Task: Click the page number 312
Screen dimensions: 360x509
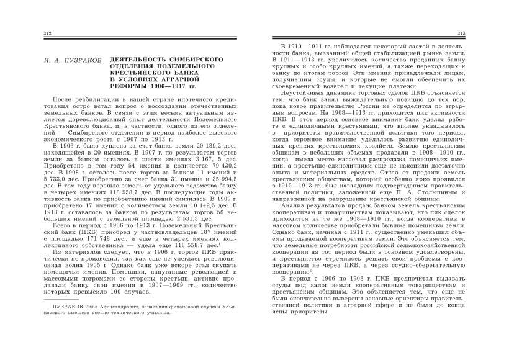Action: pyautogui.click(x=47, y=32)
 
